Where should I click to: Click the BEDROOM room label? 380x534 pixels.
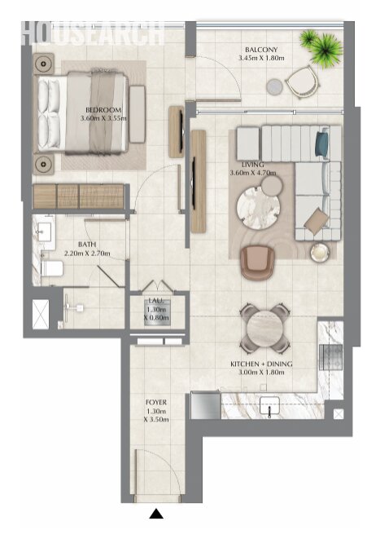[103, 110]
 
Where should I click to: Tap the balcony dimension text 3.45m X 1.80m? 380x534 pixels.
[261, 58]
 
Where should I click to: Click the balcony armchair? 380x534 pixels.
[303, 82]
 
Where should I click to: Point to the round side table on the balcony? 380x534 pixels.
[274, 86]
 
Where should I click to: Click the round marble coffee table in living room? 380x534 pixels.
[258, 208]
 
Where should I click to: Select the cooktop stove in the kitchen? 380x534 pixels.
[330, 356]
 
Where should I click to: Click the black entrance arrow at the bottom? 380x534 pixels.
[156, 514]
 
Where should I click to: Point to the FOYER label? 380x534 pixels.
[156, 402]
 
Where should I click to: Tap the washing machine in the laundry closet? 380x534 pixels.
[157, 312]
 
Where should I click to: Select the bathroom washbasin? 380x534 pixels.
[44, 232]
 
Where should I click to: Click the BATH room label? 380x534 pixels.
[87, 245]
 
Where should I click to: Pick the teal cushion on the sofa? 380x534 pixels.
[321, 143]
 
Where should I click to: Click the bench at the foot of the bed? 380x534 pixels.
[138, 114]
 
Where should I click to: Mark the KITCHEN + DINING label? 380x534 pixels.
[261, 364]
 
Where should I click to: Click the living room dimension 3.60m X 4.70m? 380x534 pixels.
[253, 173]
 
